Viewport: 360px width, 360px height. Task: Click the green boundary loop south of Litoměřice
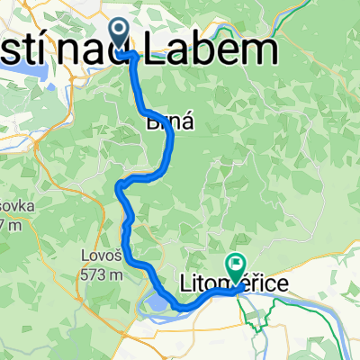click(x=257, y=315)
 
